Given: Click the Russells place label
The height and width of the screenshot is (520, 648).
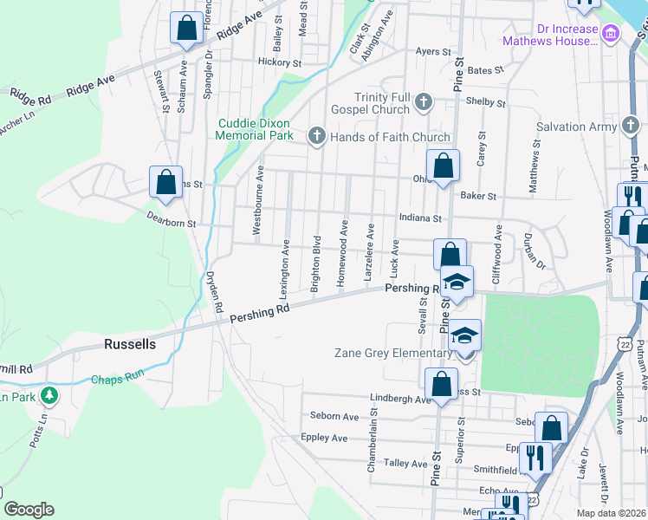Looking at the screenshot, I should coord(130,344).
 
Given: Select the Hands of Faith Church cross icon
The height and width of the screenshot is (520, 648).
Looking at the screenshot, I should coord(316,135).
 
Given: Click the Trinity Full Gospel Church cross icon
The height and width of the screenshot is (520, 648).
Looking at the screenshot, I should coord(424,102).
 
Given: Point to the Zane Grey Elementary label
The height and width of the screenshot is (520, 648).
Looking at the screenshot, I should coord(393,353).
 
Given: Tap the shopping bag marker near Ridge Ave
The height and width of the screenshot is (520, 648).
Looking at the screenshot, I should coord(186,28).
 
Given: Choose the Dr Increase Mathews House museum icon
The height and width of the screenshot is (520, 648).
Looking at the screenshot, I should coord(612,34).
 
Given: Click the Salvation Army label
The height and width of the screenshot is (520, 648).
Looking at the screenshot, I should coord(573,127).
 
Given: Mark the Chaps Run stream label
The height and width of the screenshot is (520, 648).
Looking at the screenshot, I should coord(115,380).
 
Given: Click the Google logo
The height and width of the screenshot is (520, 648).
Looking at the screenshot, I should coord(29,510).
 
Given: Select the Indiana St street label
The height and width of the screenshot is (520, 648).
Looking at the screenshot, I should coord(420,219).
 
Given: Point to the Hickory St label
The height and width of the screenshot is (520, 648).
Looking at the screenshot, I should coord(279,62).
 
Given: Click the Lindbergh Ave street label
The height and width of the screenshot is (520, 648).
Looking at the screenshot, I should coord(399,400).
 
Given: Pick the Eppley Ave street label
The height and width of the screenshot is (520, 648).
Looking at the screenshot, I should coord(324,439).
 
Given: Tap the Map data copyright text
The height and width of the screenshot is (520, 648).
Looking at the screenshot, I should coord(612,514).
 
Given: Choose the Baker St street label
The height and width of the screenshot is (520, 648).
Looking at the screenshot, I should coord(478,197).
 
